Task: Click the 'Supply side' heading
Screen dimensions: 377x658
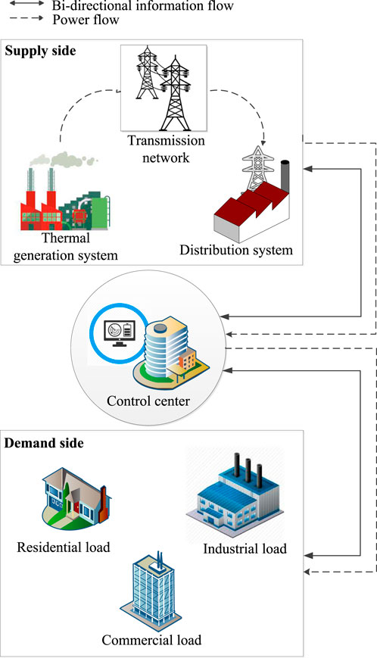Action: coord(40,51)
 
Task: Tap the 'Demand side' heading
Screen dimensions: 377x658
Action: coord(44,443)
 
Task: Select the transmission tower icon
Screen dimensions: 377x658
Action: coord(164,88)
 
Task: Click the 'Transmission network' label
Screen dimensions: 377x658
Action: coord(166,149)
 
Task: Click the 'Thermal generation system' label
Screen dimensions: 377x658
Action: coord(65,246)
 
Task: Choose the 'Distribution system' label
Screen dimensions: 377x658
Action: coord(236,250)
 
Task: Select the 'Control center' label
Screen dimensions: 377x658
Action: coord(148,401)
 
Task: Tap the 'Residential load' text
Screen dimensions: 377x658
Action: coord(64,547)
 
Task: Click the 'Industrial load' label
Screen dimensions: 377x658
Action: coord(245,549)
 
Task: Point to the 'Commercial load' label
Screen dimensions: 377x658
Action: coord(151,640)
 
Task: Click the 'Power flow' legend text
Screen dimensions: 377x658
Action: coord(86,19)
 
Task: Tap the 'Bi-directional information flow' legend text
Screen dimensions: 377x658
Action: coord(142,5)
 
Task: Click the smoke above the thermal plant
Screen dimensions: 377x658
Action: coord(64,160)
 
